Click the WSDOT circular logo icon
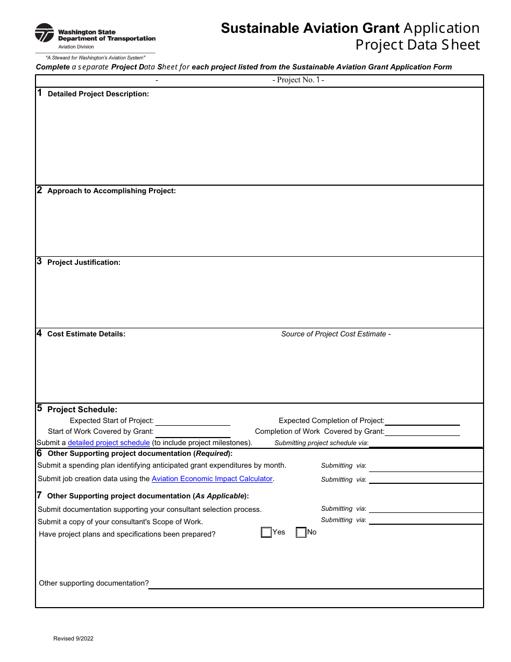[x=44, y=33]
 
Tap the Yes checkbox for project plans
[x=266, y=532]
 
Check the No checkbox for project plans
[x=301, y=532]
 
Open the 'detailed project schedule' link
[x=109, y=443]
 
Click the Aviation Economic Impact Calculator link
[x=212, y=479]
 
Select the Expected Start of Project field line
[x=193, y=421]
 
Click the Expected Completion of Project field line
[x=422, y=421]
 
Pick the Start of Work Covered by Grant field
[x=193, y=432]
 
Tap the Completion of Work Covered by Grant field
[x=422, y=432]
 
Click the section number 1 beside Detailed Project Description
[x=40, y=93]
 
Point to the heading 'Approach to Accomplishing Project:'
[x=111, y=191]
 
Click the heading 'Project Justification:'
[x=84, y=263]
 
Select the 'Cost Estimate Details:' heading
[x=86, y=334]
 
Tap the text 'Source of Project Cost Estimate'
[x=333, y=334]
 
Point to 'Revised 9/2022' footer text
[x=73, y=639]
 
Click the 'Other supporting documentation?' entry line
[x=315, y=583]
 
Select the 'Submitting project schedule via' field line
[x=425, y=443]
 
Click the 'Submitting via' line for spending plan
[x=425, y=466]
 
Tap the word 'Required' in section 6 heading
[x=212, y=454]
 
